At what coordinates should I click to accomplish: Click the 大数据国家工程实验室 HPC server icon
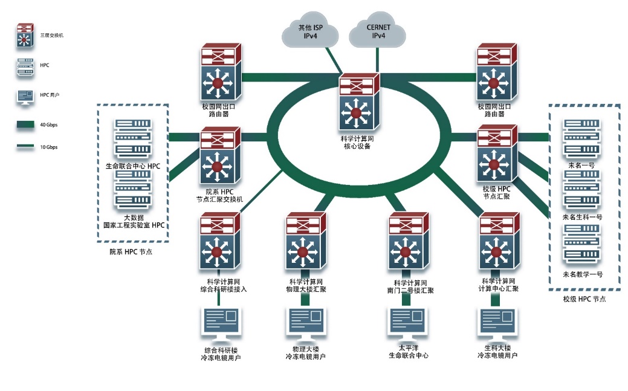coord(133,190)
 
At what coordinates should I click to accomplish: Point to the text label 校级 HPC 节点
coord(584,299)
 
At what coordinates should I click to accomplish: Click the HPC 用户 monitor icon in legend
coord(25,95)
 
